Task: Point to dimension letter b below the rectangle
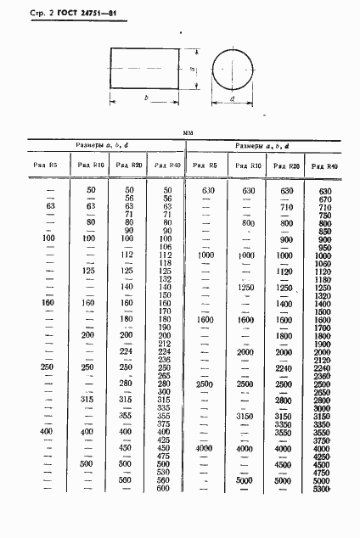[146, 98]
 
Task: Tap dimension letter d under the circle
[232, 100]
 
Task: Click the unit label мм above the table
[188, 133]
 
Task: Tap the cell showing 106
[166, 246]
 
